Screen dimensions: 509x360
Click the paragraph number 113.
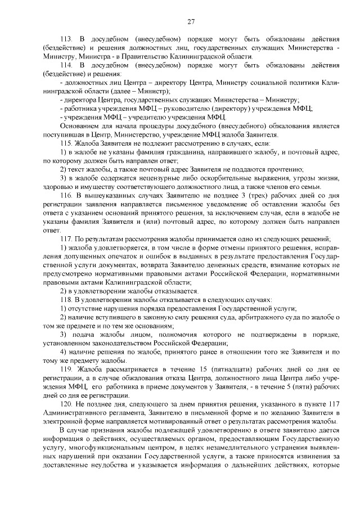pyautogui.click(x=67, y=39)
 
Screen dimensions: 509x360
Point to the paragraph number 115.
pyautogui.click(x=67, y=144)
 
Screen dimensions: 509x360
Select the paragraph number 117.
pyautogui.click(x=67, y=238)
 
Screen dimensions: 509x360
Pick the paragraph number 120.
pyautogui.click(x=67, y=405)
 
